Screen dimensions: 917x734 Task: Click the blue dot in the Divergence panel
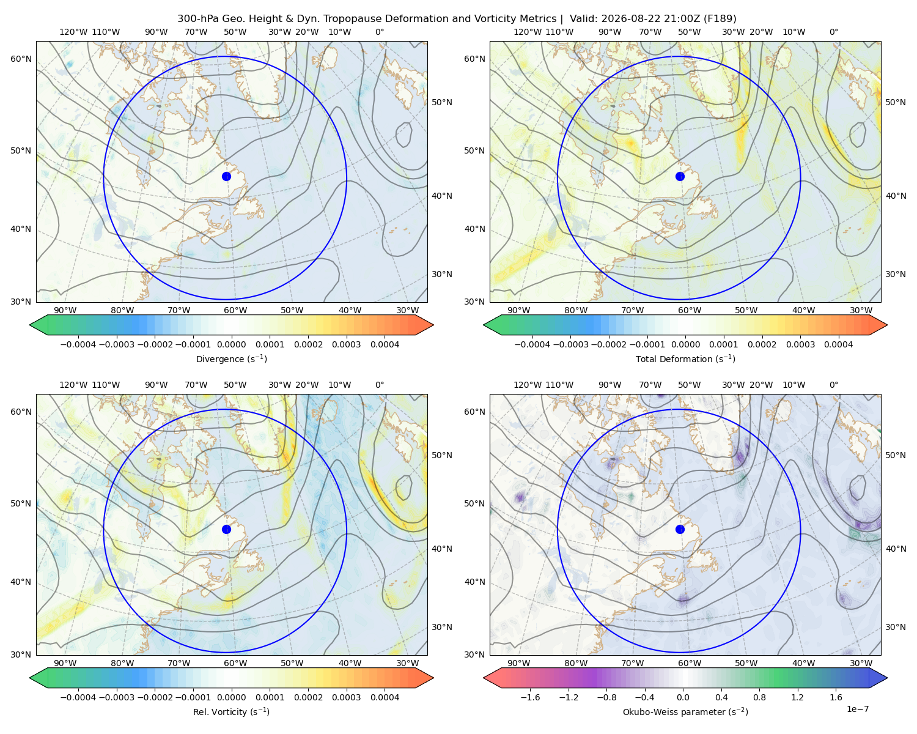coord(226,177)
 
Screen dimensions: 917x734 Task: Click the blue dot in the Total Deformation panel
coord(680,177)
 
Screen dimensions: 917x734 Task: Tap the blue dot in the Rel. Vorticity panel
coord(226,529)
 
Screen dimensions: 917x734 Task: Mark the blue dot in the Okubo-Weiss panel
coord(680,529)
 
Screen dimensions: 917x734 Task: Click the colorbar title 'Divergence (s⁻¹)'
coord(231,359)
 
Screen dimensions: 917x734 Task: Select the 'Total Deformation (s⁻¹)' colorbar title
coord(685,359)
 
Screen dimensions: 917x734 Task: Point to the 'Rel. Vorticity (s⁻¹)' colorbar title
coord(231,712)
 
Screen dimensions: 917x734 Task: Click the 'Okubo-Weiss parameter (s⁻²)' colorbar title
coord(685,712)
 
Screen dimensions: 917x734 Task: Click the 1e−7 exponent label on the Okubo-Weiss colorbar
coord(857,710)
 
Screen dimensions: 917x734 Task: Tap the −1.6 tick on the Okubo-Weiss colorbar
coord(530,697)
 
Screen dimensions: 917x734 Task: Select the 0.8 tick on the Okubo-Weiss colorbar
coord(759,697)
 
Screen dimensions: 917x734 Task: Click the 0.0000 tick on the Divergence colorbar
coord(231,344)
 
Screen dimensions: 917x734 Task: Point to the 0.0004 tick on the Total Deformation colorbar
coord(838,344)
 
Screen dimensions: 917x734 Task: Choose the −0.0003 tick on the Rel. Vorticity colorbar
coord(116,697)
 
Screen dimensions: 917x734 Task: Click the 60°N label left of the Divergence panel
coord(21,59)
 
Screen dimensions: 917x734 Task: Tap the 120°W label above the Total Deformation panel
coord(528,32)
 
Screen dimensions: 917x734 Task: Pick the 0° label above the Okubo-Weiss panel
coord(833,385)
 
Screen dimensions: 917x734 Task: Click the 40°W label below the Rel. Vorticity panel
coord(350,663)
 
